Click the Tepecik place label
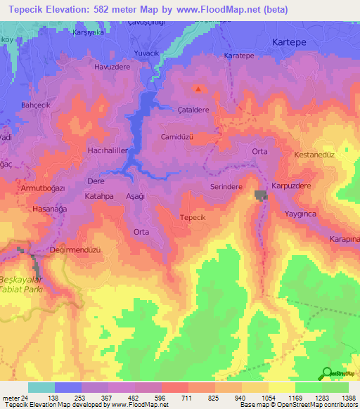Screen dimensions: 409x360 click(x=192, y=218)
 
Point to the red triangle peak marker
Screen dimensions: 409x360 click(x=198, y=89)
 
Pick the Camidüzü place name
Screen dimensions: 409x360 click(x=176, y=136)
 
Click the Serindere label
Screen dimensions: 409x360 click(x=226, y=187)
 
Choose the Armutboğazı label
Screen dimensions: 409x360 click(x=43, y=188)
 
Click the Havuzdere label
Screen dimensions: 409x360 click(x=112, y=67)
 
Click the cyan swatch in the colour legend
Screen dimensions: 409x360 click(x=41, y=387)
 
